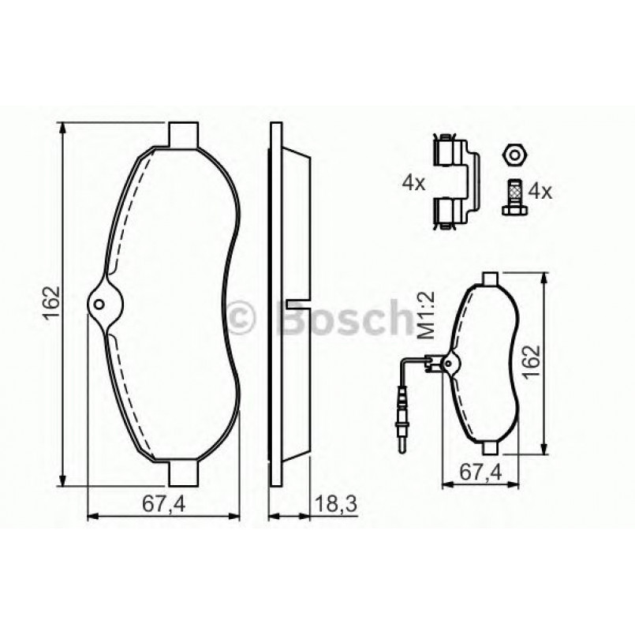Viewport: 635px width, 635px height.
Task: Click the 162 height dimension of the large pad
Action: [50, 304]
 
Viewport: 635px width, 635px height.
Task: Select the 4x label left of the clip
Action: [413, 184]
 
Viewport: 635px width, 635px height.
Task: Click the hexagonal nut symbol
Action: [514, 154]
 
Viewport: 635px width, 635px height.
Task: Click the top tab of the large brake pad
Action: [183, 134]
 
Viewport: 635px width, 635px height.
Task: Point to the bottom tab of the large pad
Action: [183, 473]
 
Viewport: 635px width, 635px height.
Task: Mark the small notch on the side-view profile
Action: [298, 304]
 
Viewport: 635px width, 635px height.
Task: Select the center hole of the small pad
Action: [449, 364]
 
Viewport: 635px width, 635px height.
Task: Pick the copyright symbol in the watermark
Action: [241, 318]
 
